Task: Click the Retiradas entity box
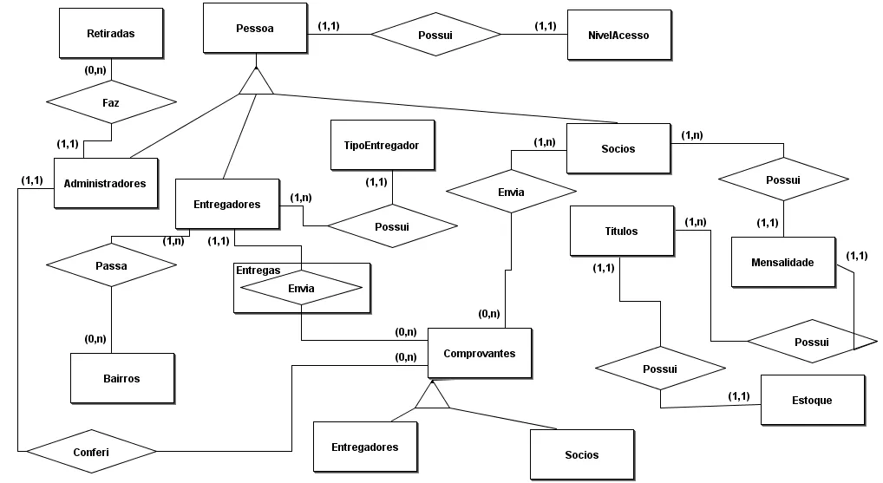[111, 34]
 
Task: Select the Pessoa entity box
[254, 29]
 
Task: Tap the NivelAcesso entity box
[618, 36]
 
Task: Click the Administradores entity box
[106, 183]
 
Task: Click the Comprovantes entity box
[480, 353]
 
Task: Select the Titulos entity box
[621, 231]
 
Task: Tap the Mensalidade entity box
[783, 261]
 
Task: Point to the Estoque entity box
[812, 400]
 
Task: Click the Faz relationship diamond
[111, 102]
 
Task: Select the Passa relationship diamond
[111, 266]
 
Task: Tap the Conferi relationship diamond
[91, 452]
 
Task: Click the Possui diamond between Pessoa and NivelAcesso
[435, 35]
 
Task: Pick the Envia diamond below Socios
[512, 192]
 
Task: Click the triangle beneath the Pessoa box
[256, 82]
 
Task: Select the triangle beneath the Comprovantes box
[431, 396]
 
